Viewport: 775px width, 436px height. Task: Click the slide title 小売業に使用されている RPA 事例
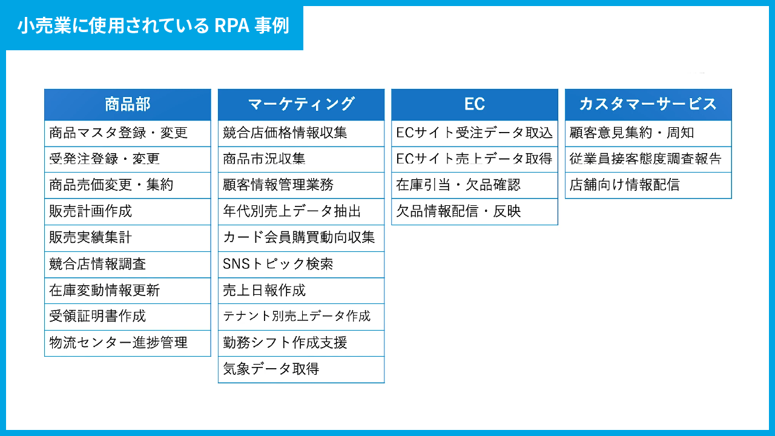pyautogui.click(x=153, y=25)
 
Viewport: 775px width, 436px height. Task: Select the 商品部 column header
pyautogui.click(x=128, y=105)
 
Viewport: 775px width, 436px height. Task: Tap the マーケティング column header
pyautogui.click(x=302, y=105)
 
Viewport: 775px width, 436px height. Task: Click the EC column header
pyautogui.click(x=475, y=105)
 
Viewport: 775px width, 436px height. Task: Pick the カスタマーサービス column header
pyautogui.click(x=648, y=105)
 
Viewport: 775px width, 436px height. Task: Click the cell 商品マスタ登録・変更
pyautogui.click(x=128, y=133)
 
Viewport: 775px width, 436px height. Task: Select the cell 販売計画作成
pyautogui.click(x=128, y=211)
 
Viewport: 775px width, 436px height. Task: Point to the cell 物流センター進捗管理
pyautogui.click(x=128, y=343)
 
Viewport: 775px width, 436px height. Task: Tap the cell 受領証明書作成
pyautogui.click(x=128, y=317)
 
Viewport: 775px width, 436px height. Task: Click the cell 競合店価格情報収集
pyautogui.click(x=302, y=133)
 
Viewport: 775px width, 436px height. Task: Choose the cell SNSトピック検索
pyautogui.click(x=302, y=265)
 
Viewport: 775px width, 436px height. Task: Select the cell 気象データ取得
pyautogui.click(x=302, y=369)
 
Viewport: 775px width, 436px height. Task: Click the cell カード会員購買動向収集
pyautogui.click(x=302, y=238)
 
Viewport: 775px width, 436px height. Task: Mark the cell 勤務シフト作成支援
pyautogui.click(x=302, y=343)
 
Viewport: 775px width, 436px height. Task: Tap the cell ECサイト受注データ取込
pyautogui.click(x=475, y=133)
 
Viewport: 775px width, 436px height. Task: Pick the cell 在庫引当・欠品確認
pyautogui.click(x=475, y=185)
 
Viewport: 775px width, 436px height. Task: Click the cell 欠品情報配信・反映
pyautogui.click(x=475, y=211)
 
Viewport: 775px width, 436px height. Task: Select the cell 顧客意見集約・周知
pyautogui.click(x=648, y=133)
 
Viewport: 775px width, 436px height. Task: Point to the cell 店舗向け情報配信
pyautogui.click(x=648, y=185)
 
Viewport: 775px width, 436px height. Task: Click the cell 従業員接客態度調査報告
pyautogui.click(x=648, y=159)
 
